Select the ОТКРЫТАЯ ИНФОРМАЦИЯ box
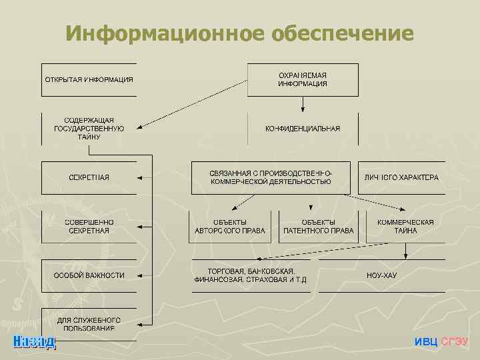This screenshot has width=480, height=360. coord(89,80)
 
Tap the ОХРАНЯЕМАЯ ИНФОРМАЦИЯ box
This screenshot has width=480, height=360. coord(303,80)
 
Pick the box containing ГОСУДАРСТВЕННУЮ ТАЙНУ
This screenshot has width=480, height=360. coord(89,129)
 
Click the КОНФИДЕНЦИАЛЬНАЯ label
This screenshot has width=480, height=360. coord(303,129)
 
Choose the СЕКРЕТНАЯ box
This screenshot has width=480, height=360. coord(89,177)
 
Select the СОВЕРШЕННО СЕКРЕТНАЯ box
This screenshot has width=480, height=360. coord(89,226)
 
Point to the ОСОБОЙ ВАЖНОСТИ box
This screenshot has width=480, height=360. coord(89,275)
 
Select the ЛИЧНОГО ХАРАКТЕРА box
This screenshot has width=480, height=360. coord(401,177)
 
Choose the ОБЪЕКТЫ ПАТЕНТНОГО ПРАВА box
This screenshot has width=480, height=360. coord(318,227)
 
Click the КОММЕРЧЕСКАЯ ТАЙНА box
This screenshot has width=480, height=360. coord(405,227)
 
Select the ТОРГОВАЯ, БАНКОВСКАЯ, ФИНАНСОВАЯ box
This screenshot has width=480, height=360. coord(250,275)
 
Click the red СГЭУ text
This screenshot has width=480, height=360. coord(455,342)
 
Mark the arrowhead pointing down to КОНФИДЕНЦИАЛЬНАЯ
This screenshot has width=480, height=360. coord(303,108)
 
